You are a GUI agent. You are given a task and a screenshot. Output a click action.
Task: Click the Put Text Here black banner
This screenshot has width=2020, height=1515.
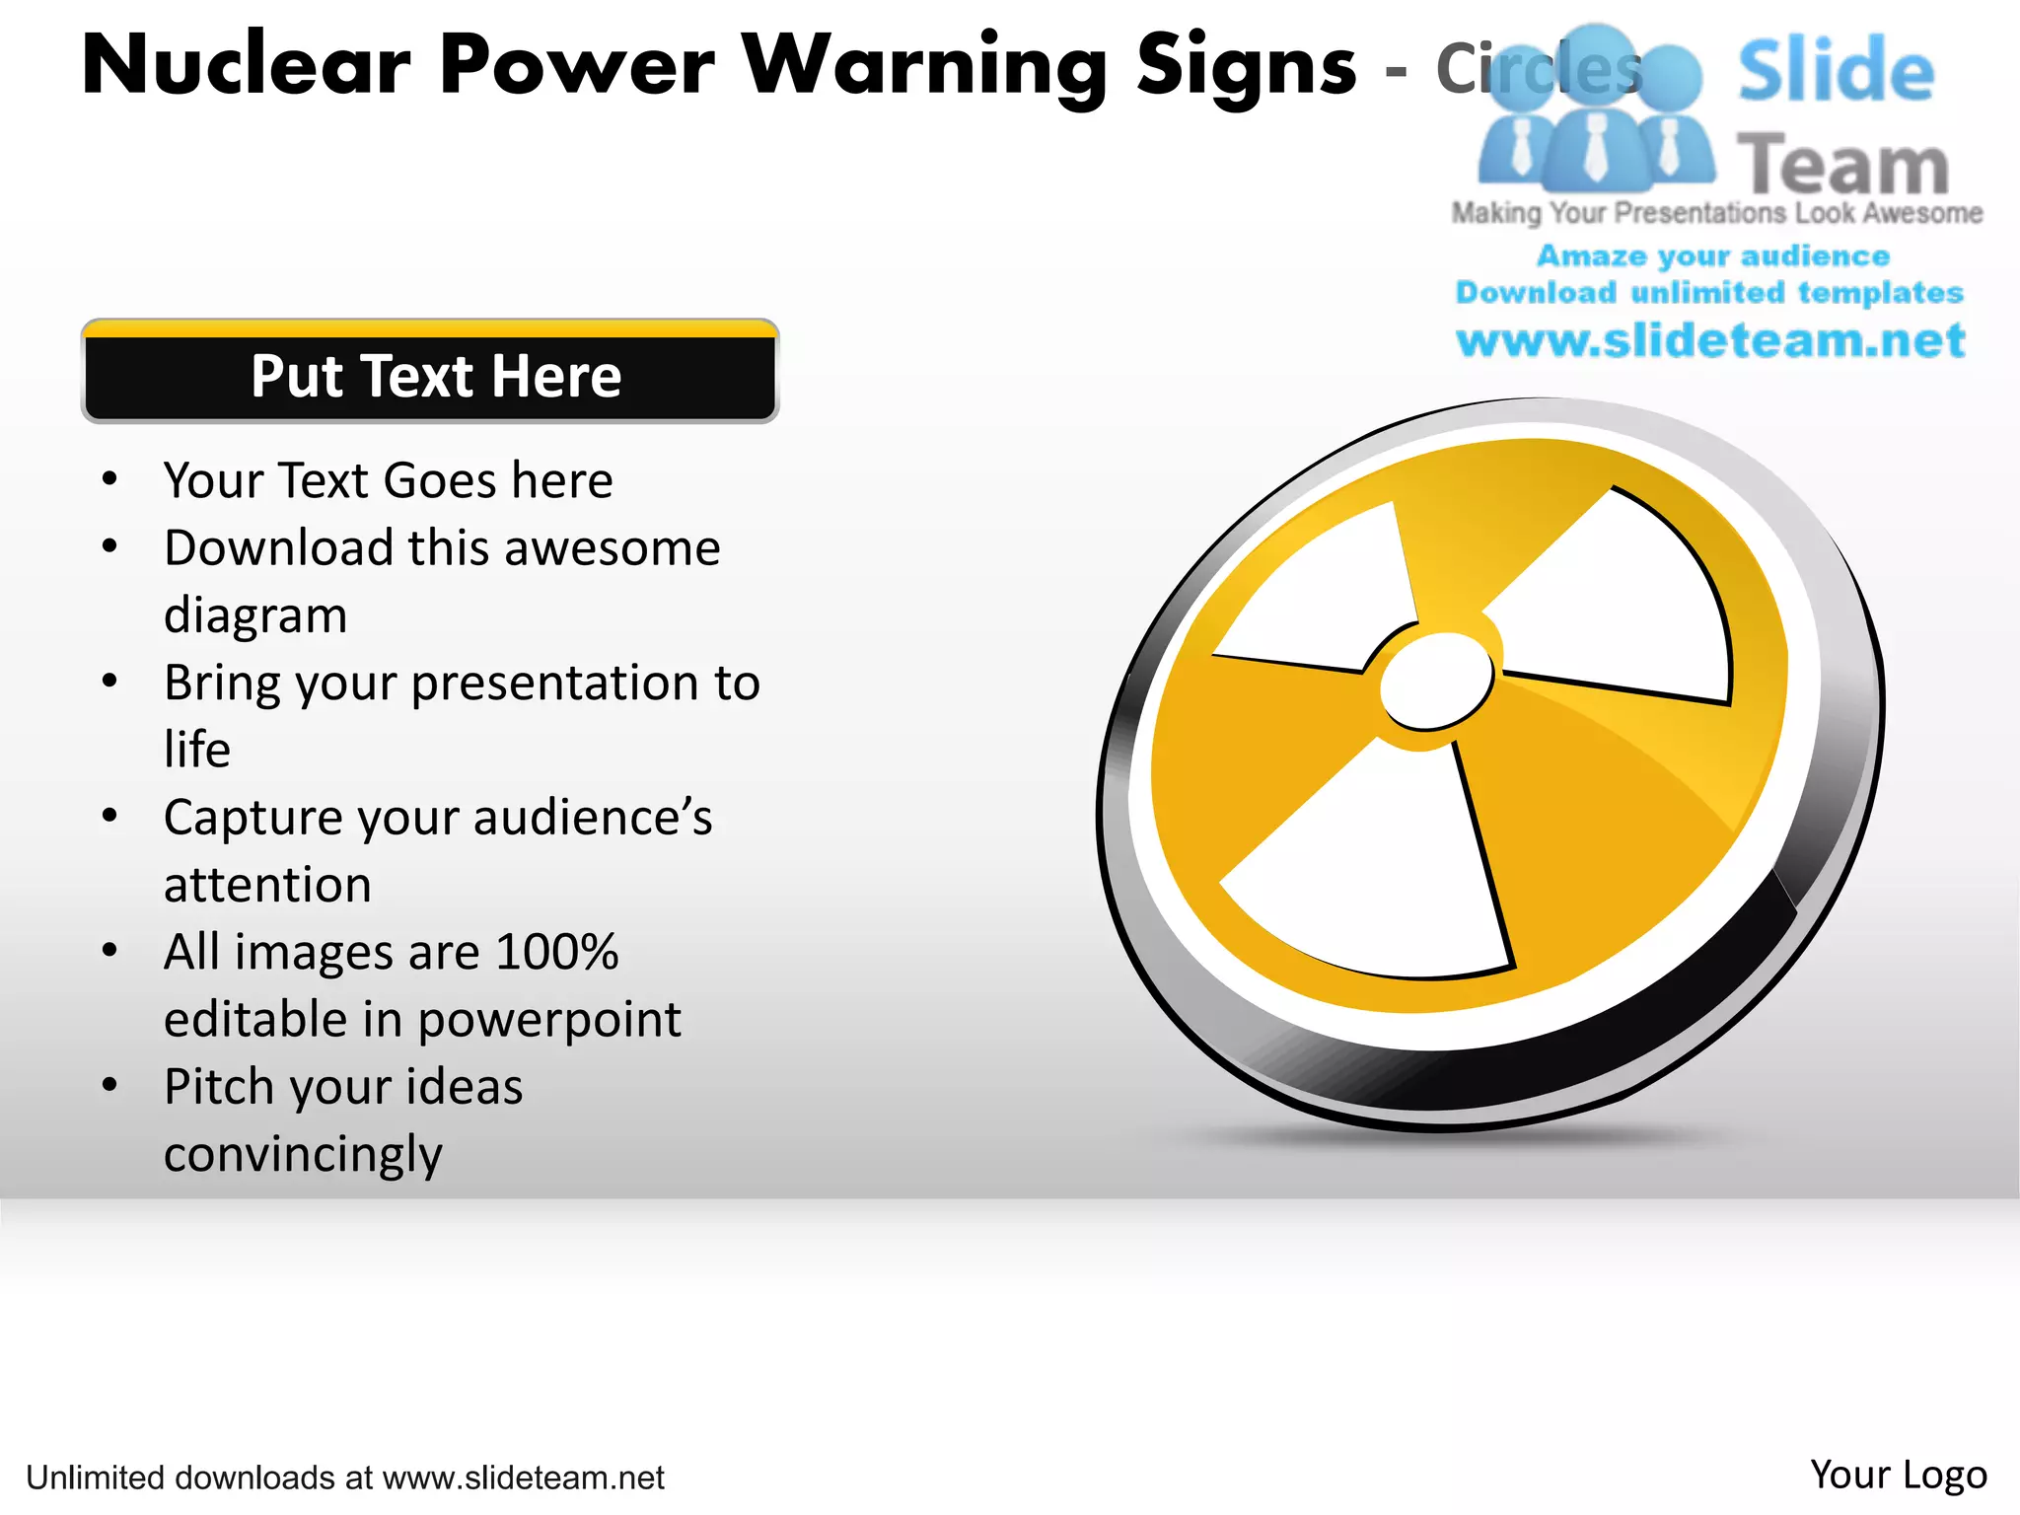click(x=431, y=376)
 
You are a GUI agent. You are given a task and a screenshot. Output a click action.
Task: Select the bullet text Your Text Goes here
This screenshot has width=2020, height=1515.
click(x=388, y=481)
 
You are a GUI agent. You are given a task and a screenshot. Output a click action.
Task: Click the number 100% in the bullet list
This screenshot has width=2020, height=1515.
click(x=556, y=953)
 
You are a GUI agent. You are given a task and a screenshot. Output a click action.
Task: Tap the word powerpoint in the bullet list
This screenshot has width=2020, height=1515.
click(x=549, y=1020)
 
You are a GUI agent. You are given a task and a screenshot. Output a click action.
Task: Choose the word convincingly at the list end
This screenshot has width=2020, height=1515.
click(x=303, y=1155)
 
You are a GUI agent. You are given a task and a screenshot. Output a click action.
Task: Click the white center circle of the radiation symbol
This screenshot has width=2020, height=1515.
click(x=1436, y=681)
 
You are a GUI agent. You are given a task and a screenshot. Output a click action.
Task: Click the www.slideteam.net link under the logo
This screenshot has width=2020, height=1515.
click(x=1710, y=341)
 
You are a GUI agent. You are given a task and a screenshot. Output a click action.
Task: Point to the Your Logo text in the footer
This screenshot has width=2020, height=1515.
click(x=1898, y=1475)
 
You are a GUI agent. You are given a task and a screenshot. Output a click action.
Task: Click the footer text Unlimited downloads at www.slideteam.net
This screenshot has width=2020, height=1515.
click(x=344, y=1478)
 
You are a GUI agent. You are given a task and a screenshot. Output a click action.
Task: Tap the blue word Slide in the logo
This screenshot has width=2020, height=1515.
click(x=1835, y=71)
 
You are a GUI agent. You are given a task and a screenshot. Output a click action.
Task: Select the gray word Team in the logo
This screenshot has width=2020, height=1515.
click(x=1841, y=165)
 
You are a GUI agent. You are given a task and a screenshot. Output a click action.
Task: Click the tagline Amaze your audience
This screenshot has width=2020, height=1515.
click(x=1712, y=256)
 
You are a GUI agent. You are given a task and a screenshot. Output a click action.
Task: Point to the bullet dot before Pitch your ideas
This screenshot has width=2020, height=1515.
click(x=109, y=1085)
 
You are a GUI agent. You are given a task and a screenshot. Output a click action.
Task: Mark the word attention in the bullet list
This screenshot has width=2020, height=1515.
click(x=267, y=885)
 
